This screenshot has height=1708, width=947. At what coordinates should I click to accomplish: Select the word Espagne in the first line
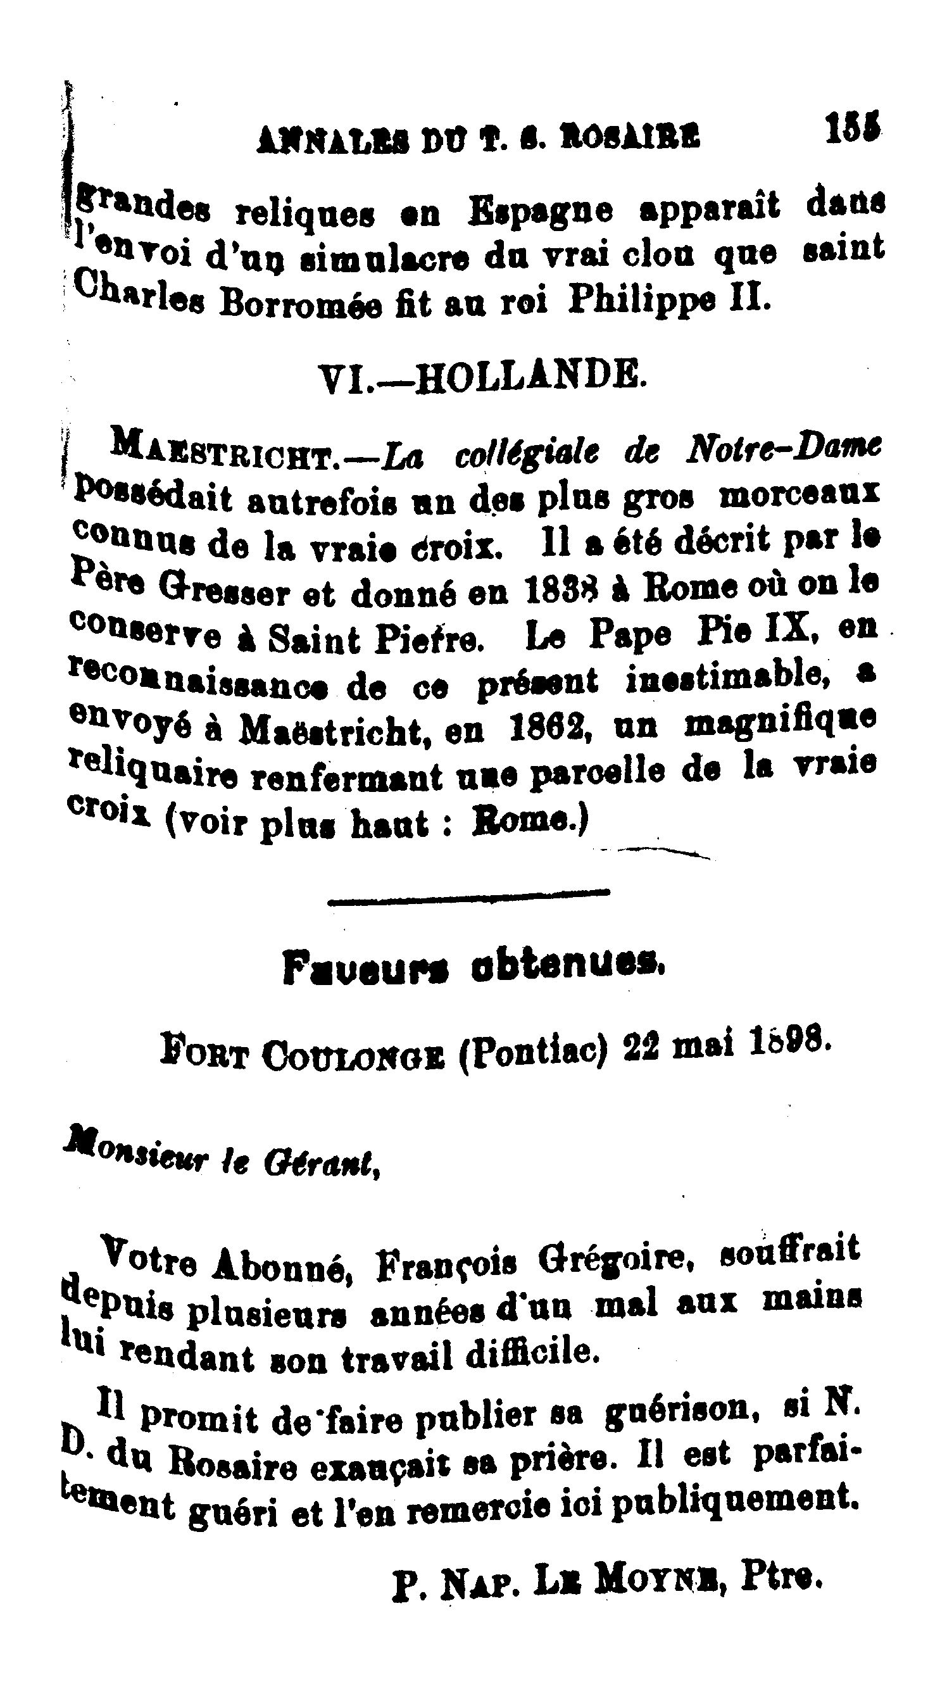pyautogui.click(x=541, y=211)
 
